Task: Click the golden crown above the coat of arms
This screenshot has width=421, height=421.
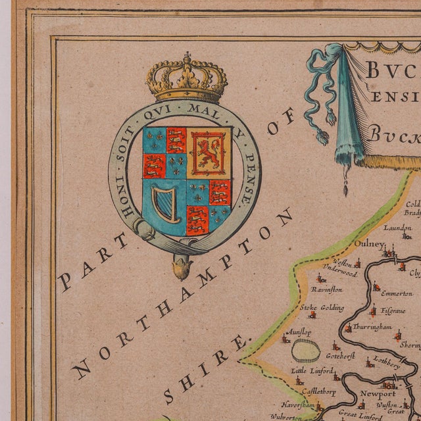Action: (187, 80)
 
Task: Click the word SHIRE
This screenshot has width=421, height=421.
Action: (207, 369)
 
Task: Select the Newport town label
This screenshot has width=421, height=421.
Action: (377, 394)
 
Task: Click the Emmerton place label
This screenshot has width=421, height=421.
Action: (396, 293)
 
